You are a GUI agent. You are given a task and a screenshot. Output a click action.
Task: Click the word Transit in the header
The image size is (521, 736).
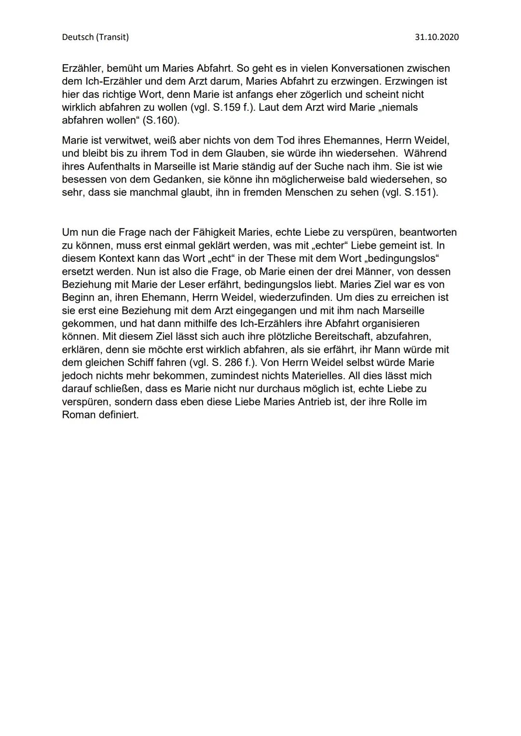112,37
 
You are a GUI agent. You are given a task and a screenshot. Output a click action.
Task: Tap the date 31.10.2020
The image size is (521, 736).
437,37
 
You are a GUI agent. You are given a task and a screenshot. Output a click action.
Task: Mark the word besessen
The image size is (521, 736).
83,180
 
